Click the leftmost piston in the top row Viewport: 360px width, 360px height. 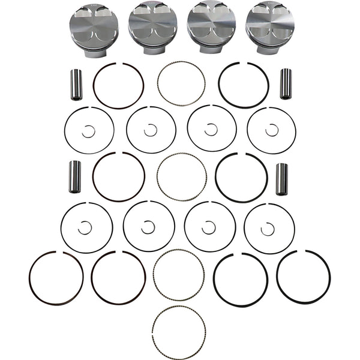click(94, 29)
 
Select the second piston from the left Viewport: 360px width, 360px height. click(152, 28)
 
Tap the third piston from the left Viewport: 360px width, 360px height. click(211, 28)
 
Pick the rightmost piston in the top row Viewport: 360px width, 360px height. click(269, 28)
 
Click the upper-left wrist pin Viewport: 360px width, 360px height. click(76, 85)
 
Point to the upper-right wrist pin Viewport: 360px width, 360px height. click(286, 84)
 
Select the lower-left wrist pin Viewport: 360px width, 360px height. click(75, 177)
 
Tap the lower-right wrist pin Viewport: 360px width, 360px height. click(281, 179)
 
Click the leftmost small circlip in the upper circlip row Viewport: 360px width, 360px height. click(89, 131)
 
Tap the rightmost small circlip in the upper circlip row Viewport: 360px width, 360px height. click(272, 130)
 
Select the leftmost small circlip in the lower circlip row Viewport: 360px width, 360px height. click(85, 227)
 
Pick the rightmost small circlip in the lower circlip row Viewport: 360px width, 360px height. click(268, 229)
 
